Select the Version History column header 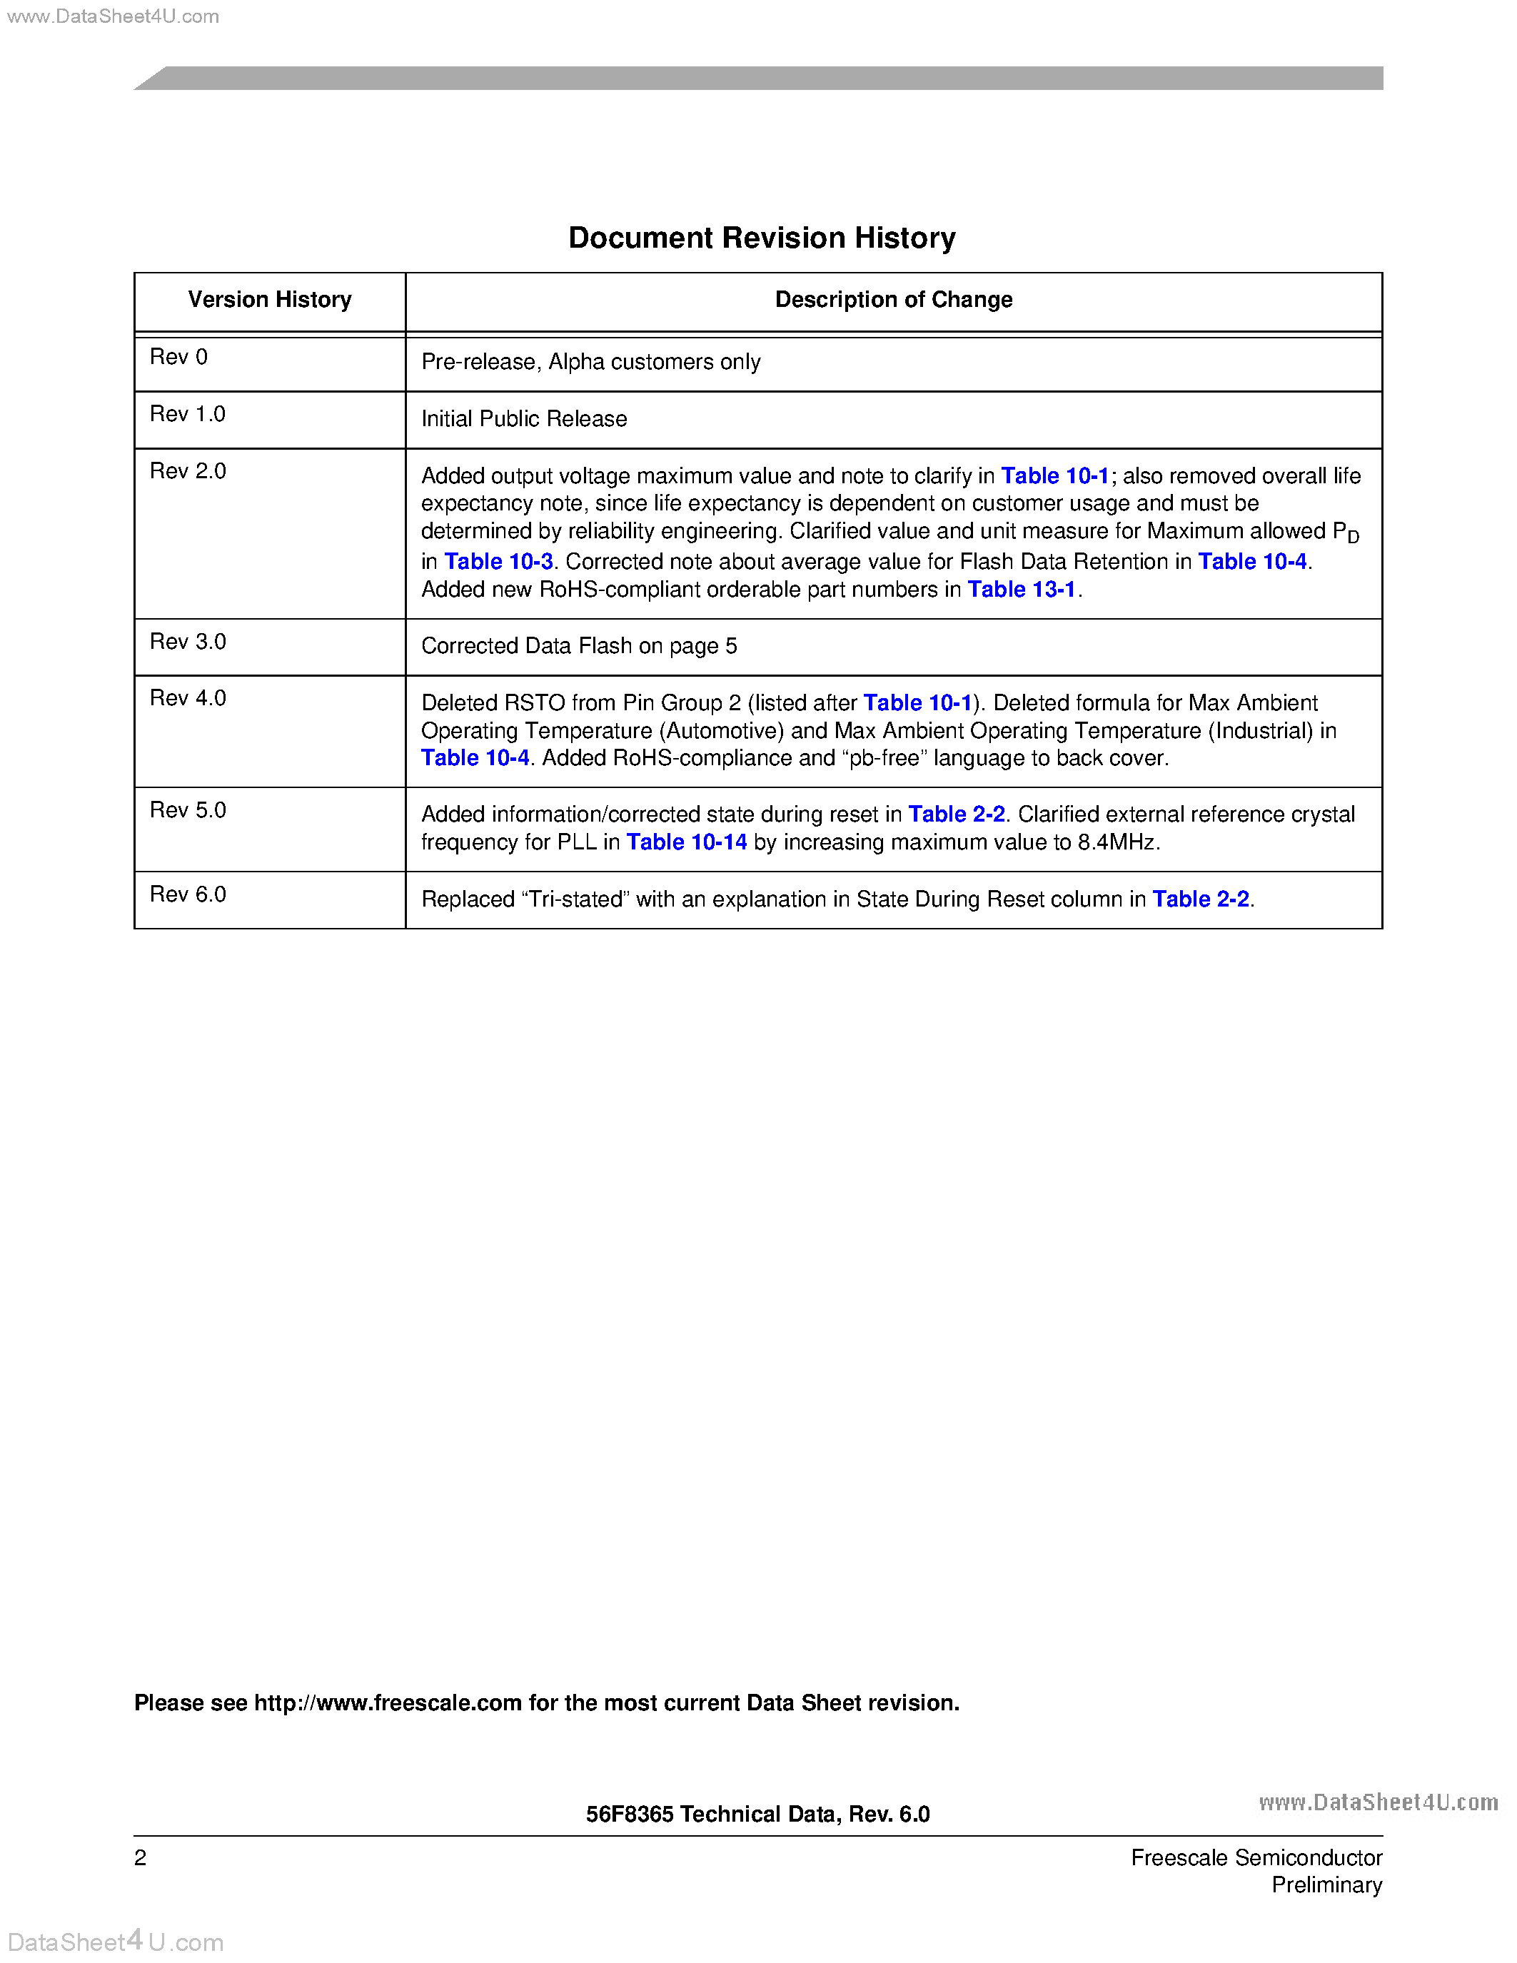click(x=270, y=299)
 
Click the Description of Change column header click(x=893, y=299)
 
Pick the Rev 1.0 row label click(x=187, y=413)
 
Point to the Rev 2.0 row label click(x=188, y=471)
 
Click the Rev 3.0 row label click(x=188, y=642)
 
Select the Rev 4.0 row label click(x=188, y=698)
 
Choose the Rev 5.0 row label click(x=188, y=810)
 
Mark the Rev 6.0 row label click(x=188, y=894)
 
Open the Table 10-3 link click(x=499, y=562)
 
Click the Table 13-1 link click(x=1022, y=590)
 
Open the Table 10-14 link click(x=687, y=842)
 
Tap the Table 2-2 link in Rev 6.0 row click(x=1201, y=899)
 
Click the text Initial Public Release click(x=524, y=419)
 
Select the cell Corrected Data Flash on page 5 click(x=579, y=646)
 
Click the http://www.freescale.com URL click(x=388, y=1703)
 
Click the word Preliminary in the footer click(x=1326, y=1884)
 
